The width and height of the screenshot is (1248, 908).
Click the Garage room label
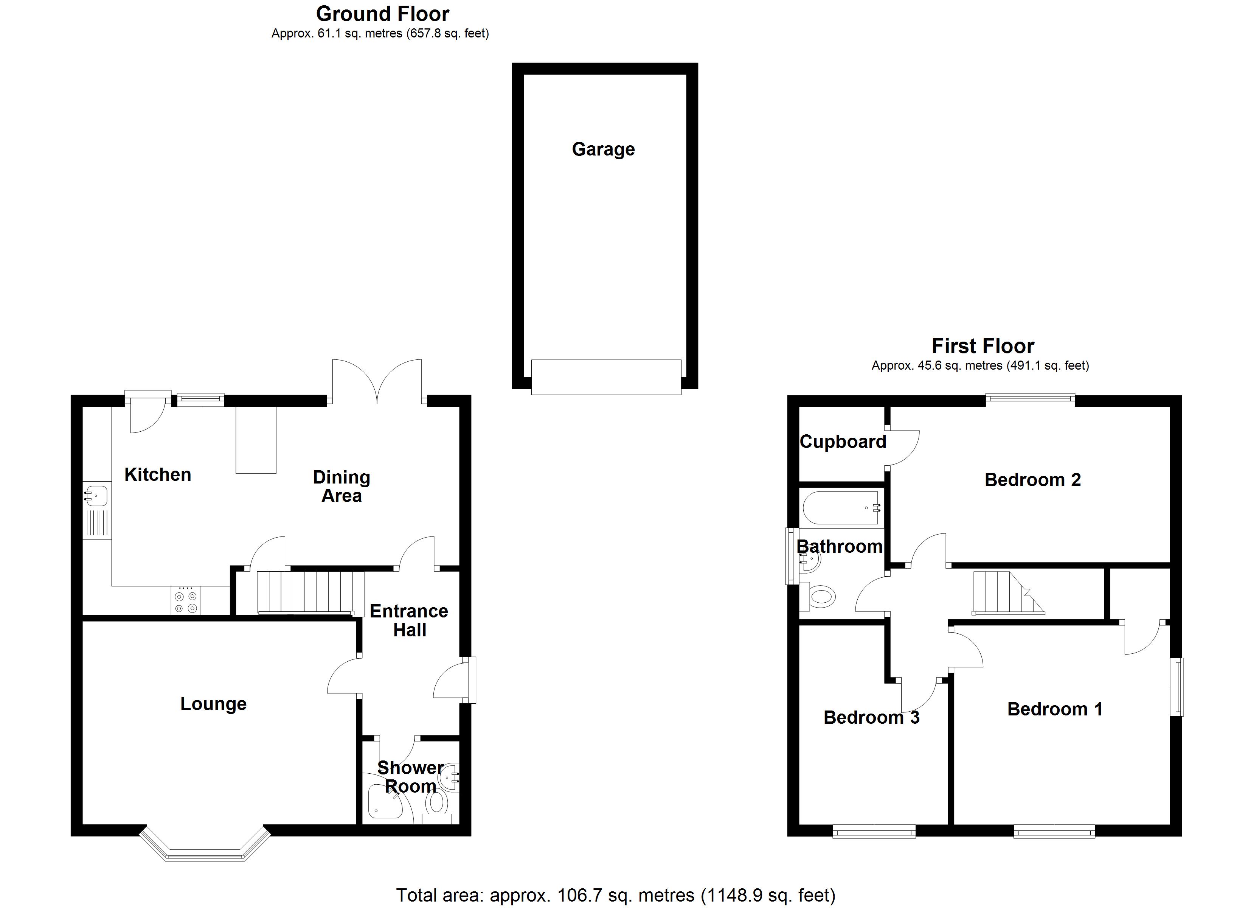[603, 149]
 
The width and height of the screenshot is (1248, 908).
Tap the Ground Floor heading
[382, 14]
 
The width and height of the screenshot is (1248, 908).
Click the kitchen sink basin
[96, 494]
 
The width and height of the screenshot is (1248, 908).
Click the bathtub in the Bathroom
[841, 507]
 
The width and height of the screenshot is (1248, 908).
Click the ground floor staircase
[306, 592]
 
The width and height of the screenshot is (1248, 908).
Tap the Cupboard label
[843, 442]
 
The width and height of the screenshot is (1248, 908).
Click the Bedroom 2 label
[1032, 480]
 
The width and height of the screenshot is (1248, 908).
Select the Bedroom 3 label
[871, 717]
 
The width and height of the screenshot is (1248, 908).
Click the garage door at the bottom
[606, 377]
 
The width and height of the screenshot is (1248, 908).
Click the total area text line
[615, 896]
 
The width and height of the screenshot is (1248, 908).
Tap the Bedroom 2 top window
[1029, 400]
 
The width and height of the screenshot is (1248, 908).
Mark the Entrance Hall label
[409, 620]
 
